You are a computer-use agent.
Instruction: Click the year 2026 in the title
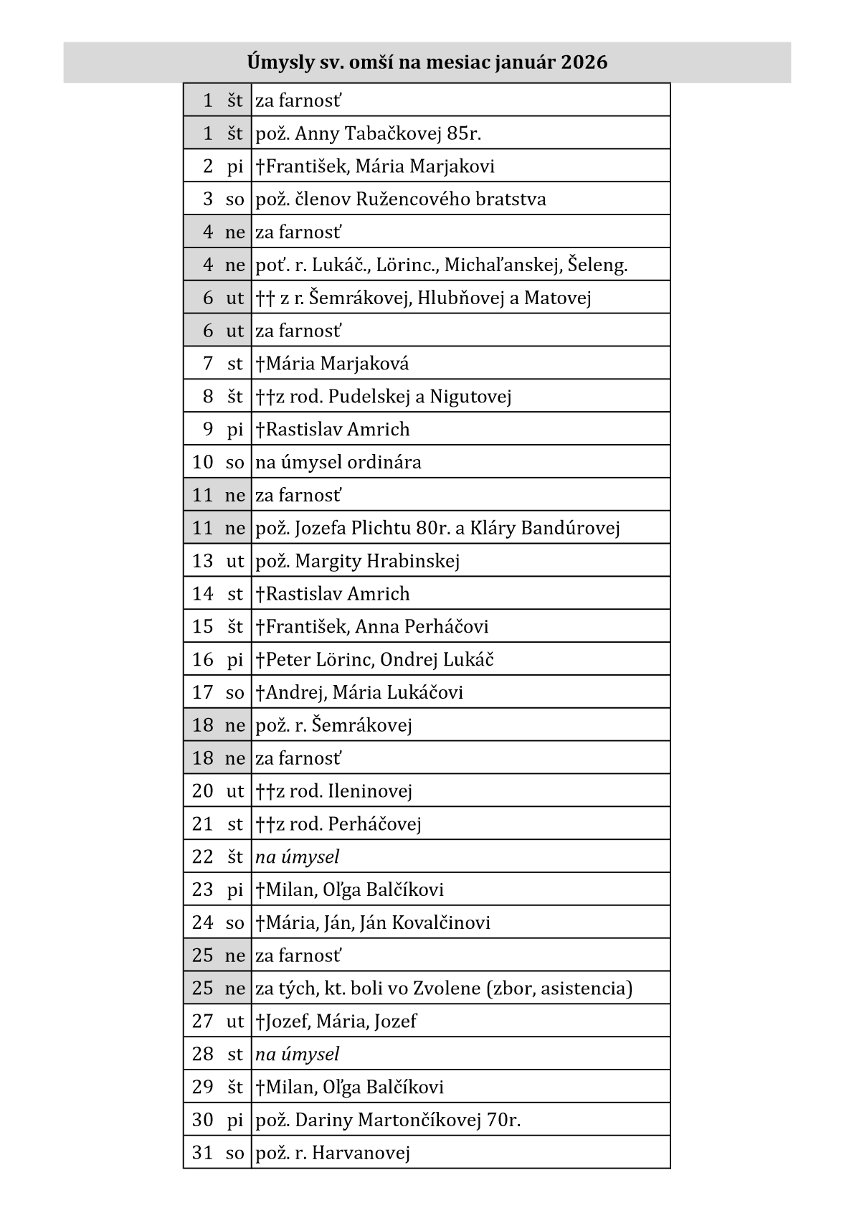point(584,62)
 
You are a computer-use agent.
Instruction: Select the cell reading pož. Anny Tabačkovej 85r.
point(368,133)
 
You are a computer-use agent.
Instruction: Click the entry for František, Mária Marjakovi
point(375,166)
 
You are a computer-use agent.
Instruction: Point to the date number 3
point(208,199)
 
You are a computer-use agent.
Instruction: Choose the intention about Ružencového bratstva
point(401,199)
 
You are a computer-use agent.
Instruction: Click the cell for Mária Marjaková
point(332,364)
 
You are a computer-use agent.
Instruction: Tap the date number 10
point(202,462)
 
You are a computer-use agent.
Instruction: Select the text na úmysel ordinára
point(338,462)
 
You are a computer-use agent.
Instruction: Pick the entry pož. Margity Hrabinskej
point(358,561)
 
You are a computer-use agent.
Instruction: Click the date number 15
point(202,627)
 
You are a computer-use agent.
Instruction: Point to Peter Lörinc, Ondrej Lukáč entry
point(374,660)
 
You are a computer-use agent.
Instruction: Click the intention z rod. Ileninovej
point(334,791)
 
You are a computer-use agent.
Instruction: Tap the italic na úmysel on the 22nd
point(297,857)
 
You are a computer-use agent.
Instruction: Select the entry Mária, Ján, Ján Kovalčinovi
point(373,922)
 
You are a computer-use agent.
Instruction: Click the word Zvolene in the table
point(447,988)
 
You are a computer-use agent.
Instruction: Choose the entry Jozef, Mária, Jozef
point(336,1021)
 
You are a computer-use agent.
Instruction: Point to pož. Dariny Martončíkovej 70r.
point(388,1120)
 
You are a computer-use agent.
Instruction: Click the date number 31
point(202,1153)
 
